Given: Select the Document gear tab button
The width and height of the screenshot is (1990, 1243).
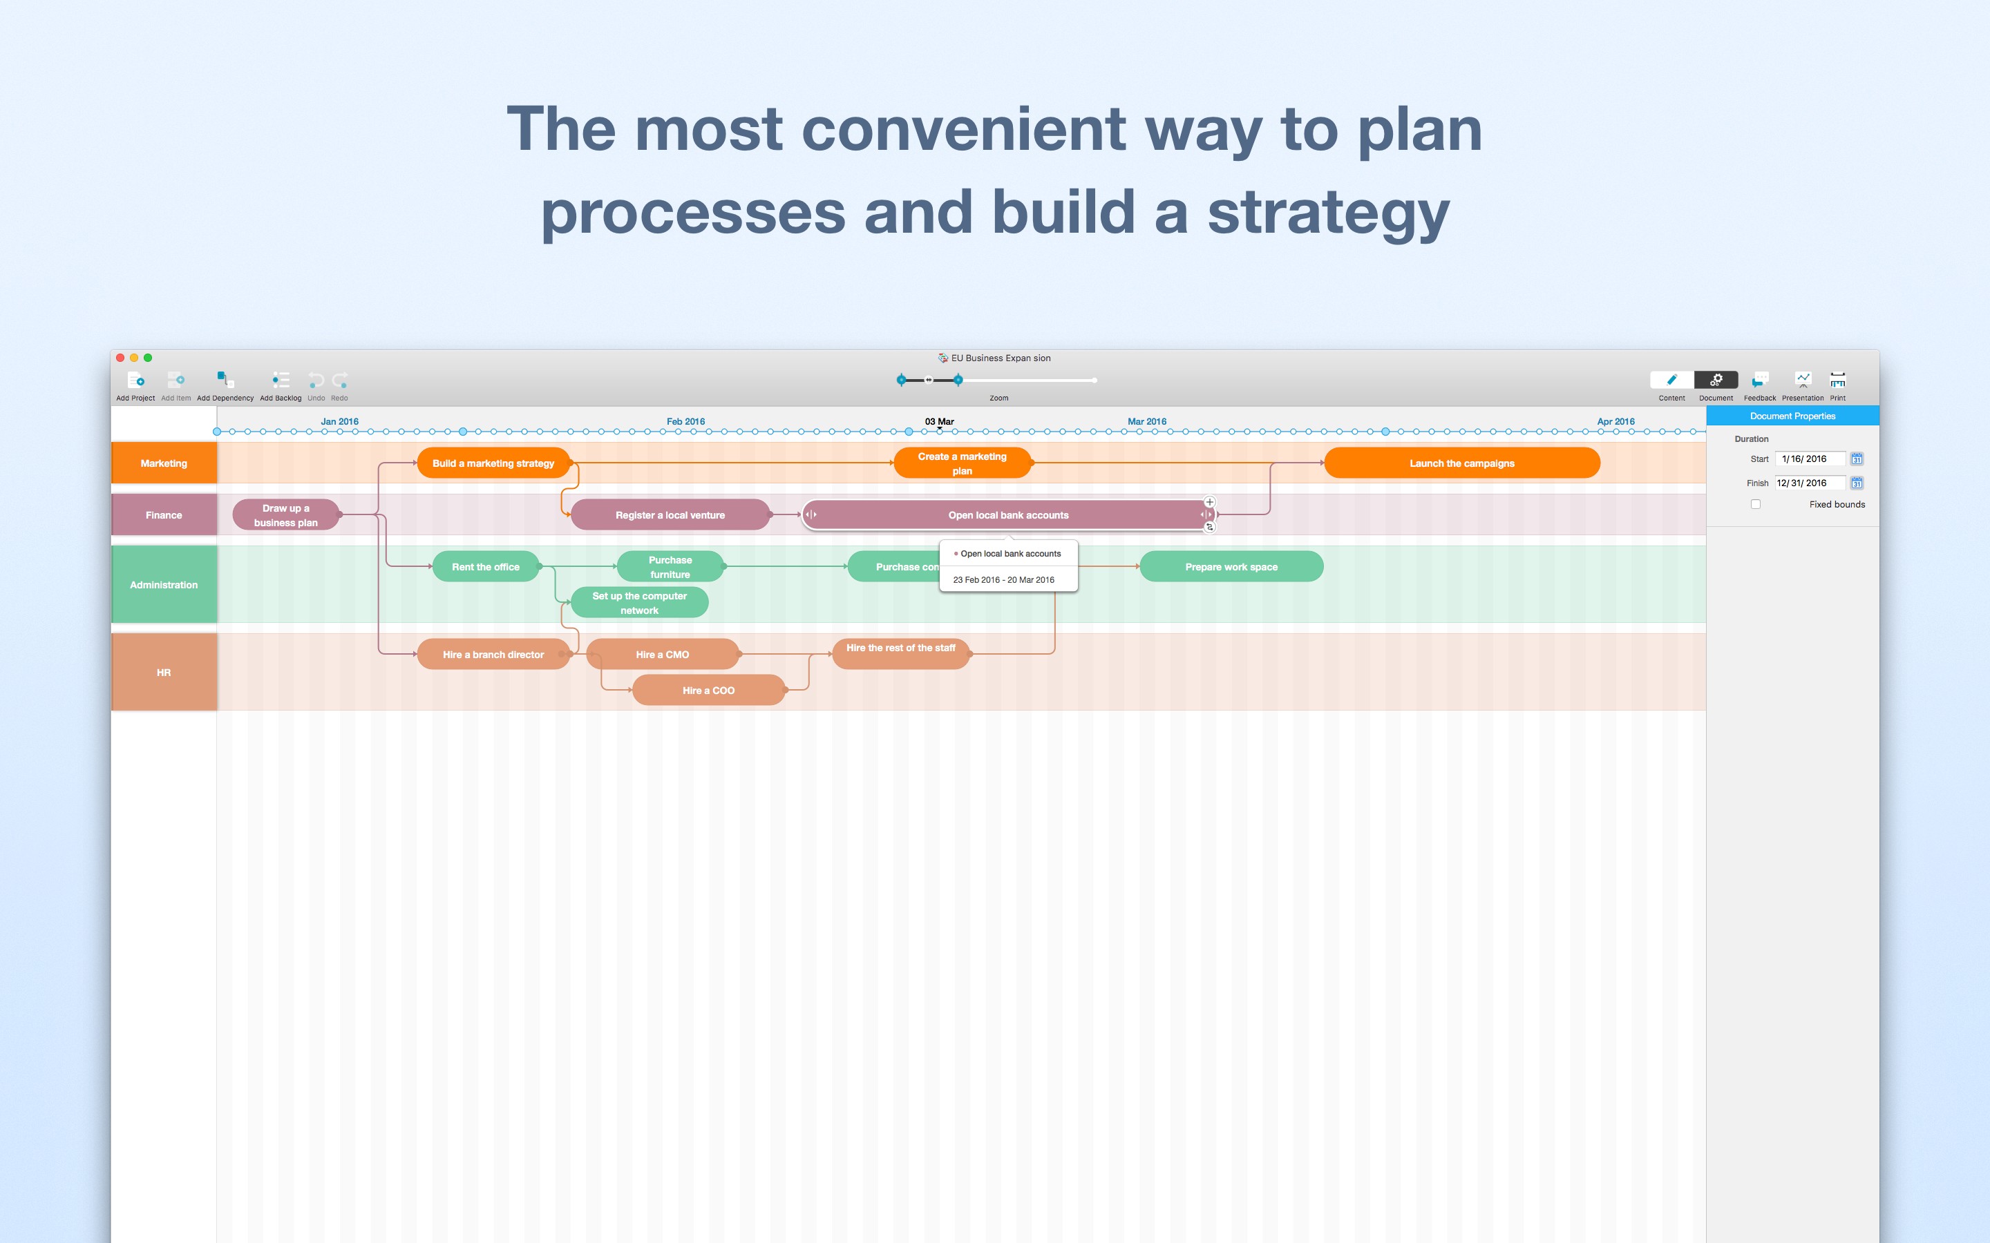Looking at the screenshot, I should pos(1716,380).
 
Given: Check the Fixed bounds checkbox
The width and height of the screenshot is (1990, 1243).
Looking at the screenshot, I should pos(1756,504).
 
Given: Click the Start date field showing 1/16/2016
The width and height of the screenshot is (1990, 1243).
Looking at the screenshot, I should pos(1809,459).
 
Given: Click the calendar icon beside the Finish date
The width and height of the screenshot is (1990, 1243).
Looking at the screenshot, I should pos(1857,483).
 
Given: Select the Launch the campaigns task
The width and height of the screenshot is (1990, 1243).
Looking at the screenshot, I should pos(1461,463).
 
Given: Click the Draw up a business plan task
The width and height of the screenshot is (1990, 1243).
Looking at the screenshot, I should pos(285,515).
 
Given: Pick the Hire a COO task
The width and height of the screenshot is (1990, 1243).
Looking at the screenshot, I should pos(708,691).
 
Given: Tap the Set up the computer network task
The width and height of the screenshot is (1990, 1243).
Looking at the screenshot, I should pos(639,603).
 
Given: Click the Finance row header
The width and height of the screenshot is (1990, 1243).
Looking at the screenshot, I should pos(164,515).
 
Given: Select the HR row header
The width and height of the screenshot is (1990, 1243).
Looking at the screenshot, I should pos(164,673).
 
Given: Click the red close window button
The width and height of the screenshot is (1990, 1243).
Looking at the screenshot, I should pos(120,358).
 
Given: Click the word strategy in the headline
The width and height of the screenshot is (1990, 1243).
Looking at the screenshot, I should pos(1327,212).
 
